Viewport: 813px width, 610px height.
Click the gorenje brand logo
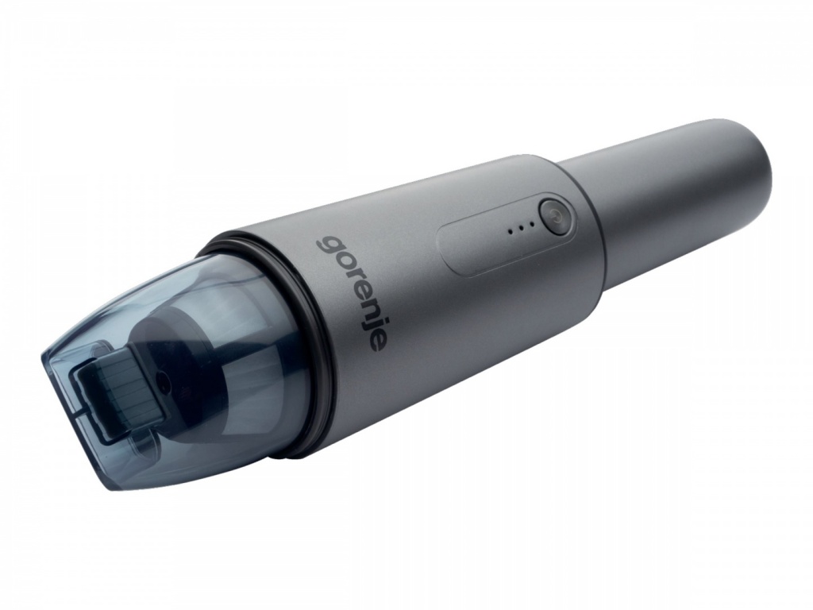click(352, 293)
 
